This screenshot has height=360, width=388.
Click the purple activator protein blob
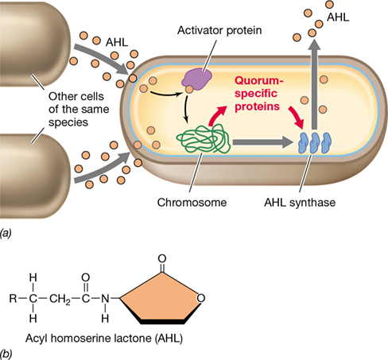coord(196,77)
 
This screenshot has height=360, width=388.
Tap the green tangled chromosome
coord(204,139)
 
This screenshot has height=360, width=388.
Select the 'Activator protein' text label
coord(219,30)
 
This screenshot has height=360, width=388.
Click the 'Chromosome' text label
coord(192,203)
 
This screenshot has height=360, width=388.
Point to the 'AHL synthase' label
coord(300,203)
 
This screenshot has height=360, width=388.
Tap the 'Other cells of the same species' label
coord(79,109)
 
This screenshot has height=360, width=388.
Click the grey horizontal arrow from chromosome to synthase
coord(263,142)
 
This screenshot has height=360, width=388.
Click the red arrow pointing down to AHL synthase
coord(297,118)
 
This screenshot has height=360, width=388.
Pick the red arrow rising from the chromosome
coord(217,114)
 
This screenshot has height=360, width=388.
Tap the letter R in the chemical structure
coord(13,299)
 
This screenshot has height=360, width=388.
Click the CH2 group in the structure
coord(60,299)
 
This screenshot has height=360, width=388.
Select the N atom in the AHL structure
coord(105,299)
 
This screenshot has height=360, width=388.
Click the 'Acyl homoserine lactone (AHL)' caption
coord(104,339)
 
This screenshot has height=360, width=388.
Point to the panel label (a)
coord(6,233)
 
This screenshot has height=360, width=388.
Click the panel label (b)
coord(6,354)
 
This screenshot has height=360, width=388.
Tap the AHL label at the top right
coord(338,17)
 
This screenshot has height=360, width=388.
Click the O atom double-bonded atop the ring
coord(162,258)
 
